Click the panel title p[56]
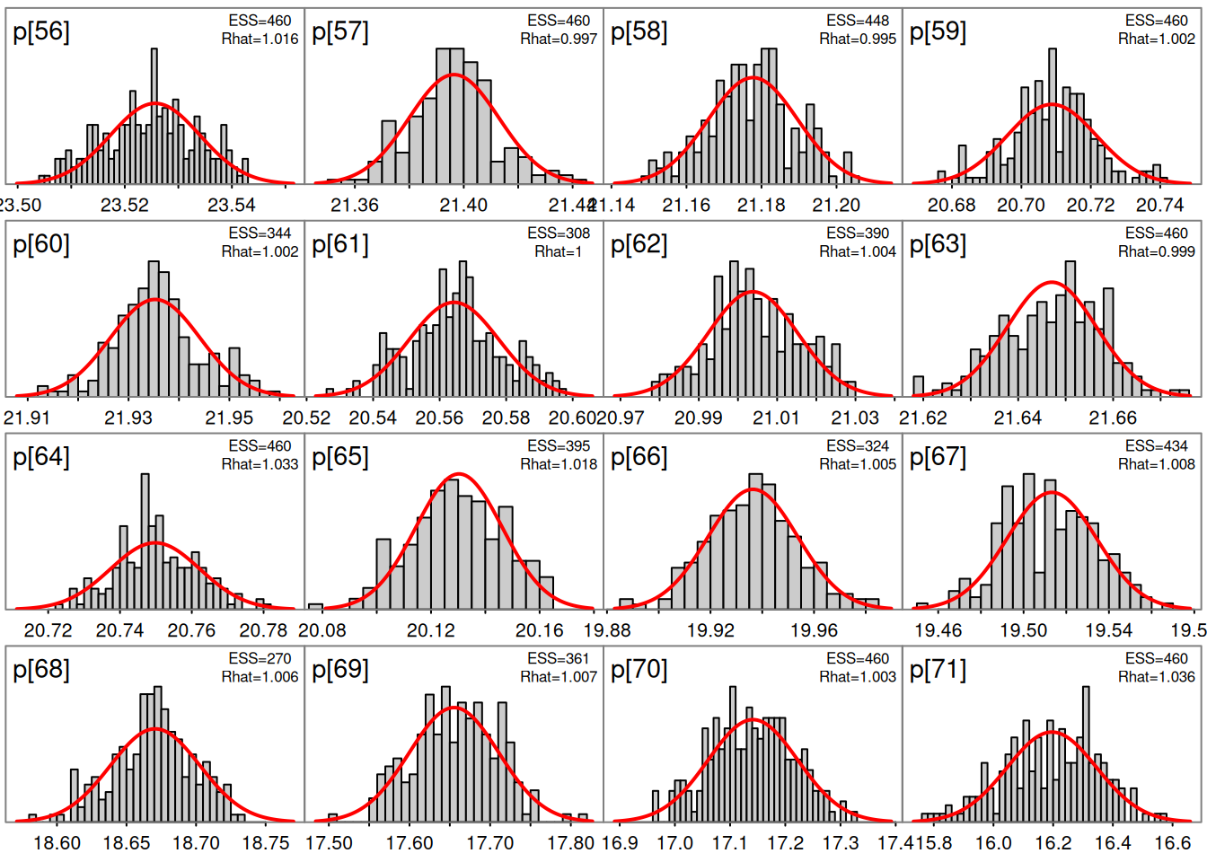tap(41, 32)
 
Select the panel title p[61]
tap(340, 245)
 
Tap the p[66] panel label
tap(639, 458)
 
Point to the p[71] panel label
tap(938, 670)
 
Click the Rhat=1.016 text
tap(260, 40)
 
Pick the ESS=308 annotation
tap(559, 233)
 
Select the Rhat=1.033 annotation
tap(260, 465)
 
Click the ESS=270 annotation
tap(260, 659)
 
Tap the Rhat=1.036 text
tap(1157, 677)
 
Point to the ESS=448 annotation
tap(858, 21)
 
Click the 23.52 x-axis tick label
tap(125, 206)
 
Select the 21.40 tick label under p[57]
tap(463, 206)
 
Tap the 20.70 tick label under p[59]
tap(1021, 206)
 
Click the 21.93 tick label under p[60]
tap(128, 418)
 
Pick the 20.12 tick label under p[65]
tap(431, 631)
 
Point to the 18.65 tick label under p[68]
tap(127, 844)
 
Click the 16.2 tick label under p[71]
tap(1053, 844)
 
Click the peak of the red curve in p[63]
tap(1052, 284)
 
